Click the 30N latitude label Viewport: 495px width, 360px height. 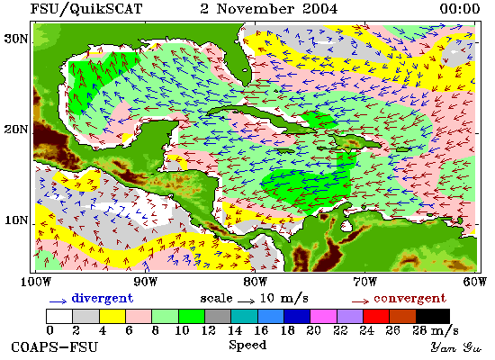16,40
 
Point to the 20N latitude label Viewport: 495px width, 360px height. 16,130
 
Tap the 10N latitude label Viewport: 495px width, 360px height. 16,220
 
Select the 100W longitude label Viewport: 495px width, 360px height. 36,282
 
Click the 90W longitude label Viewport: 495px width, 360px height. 145,282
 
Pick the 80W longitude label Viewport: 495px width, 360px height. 255,282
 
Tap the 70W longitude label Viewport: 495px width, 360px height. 364,282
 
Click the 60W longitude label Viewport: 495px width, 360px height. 475,282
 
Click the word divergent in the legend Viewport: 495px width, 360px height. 103,298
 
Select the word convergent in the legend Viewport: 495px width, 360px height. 410,298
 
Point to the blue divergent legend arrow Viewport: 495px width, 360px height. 58,301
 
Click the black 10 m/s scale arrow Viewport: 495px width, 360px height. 246,301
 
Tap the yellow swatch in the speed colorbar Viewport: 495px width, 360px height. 112,317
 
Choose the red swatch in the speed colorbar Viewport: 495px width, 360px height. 376,317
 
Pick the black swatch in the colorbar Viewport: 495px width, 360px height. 433,317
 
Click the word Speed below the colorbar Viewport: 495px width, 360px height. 247,346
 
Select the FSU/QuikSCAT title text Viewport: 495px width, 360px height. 86,9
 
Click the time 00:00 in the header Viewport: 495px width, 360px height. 460,9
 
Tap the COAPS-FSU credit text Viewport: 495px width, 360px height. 54,347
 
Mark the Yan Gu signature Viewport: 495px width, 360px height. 456,347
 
